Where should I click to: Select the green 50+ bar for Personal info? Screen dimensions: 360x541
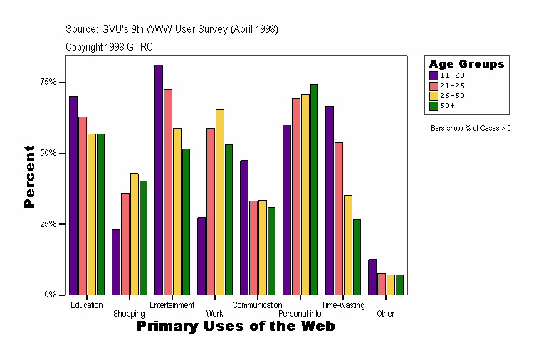click(x=314, y=189)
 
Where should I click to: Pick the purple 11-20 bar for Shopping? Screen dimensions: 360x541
click(x=116, y=262)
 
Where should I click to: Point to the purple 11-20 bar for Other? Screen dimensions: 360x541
click(x=372, y=277)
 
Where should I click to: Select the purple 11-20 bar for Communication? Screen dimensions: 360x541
click(x=244, y=227)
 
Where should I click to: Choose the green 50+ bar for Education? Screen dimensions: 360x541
click(x=100, y=214)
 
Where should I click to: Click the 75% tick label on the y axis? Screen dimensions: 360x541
click(x=48, y=83)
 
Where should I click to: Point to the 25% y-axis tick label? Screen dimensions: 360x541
click(x=48, y=224)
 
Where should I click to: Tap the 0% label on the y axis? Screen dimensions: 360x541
click(x=51, y=295)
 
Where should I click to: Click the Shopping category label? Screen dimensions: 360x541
click(x=129, y=314)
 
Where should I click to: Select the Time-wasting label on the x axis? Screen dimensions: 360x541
click(x=343, y=305)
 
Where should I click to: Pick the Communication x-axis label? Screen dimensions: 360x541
click(x=257, y=305)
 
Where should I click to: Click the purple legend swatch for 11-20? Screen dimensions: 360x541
click(x=434, y=75)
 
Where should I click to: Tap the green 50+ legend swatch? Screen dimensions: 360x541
click(x=434, y=106)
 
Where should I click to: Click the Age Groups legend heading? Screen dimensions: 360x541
click(x=466, y=64)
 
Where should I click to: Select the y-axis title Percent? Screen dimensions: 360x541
click(x=29, y=176)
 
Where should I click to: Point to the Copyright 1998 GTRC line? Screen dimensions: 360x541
click(x=109, y=47)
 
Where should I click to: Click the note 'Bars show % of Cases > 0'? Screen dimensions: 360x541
click(x=471, y=129)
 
